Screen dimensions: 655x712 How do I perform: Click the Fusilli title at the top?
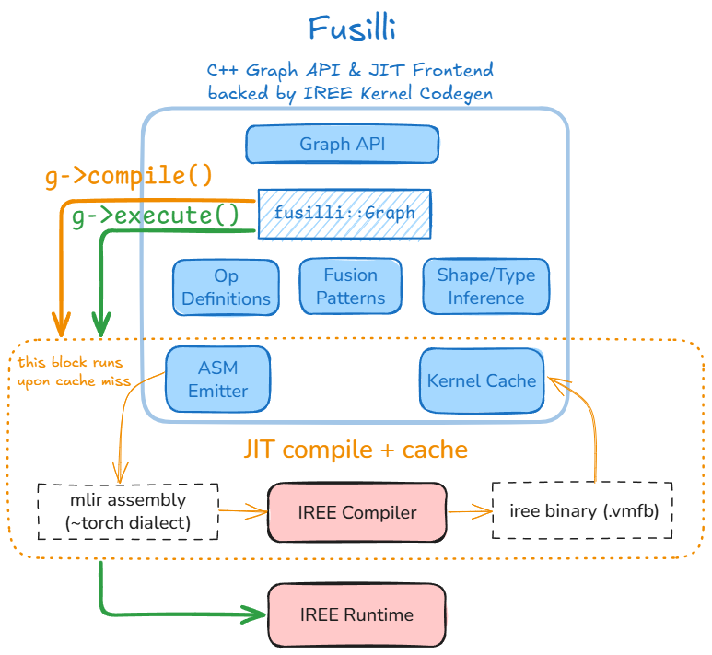tap(352, 29)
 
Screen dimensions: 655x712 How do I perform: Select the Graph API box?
tap(342, 144)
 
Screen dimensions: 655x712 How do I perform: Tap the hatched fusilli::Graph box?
tap(344, 213)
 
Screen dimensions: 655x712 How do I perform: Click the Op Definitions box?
tap(226, 287)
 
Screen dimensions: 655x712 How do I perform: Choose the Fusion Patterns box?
tap(350, 287)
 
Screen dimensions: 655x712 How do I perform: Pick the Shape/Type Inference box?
tap(485, 287)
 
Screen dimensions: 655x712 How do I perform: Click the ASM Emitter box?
tap(217, 379)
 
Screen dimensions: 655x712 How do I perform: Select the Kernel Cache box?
tap(481, 380)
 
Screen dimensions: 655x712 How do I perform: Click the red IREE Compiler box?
tap(356, 512)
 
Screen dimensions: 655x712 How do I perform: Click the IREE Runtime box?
tap(356, 614)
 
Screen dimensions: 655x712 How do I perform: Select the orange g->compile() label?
tap(129, 175)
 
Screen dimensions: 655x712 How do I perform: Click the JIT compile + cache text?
tap(356, 450)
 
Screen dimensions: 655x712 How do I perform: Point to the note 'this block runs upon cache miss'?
tap(70, 370)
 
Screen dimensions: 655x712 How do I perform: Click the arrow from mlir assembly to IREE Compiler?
tap(243, 509)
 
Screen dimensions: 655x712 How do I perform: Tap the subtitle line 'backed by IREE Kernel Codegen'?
tap(350, 92)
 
